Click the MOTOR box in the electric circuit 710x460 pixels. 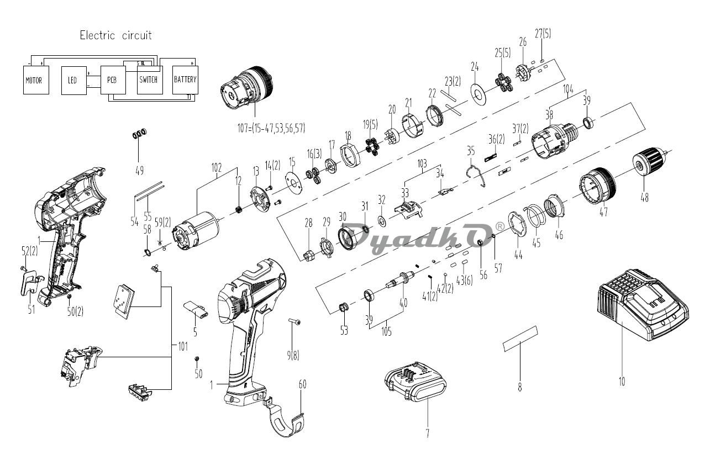click(34, 80)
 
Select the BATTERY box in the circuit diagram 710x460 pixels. click(185, 80)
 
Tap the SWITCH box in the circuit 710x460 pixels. click(149, 80)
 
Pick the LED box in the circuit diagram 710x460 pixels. click(72, 80)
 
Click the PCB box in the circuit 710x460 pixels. click(112, 80)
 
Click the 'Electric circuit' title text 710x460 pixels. click(115, 35)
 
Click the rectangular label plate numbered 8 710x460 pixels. click(520, 337)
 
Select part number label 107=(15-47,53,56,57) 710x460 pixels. click(269, 128)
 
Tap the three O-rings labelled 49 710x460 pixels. click(140, 133)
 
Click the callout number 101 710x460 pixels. click(182, 347)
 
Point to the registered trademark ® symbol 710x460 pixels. click(499, 226)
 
